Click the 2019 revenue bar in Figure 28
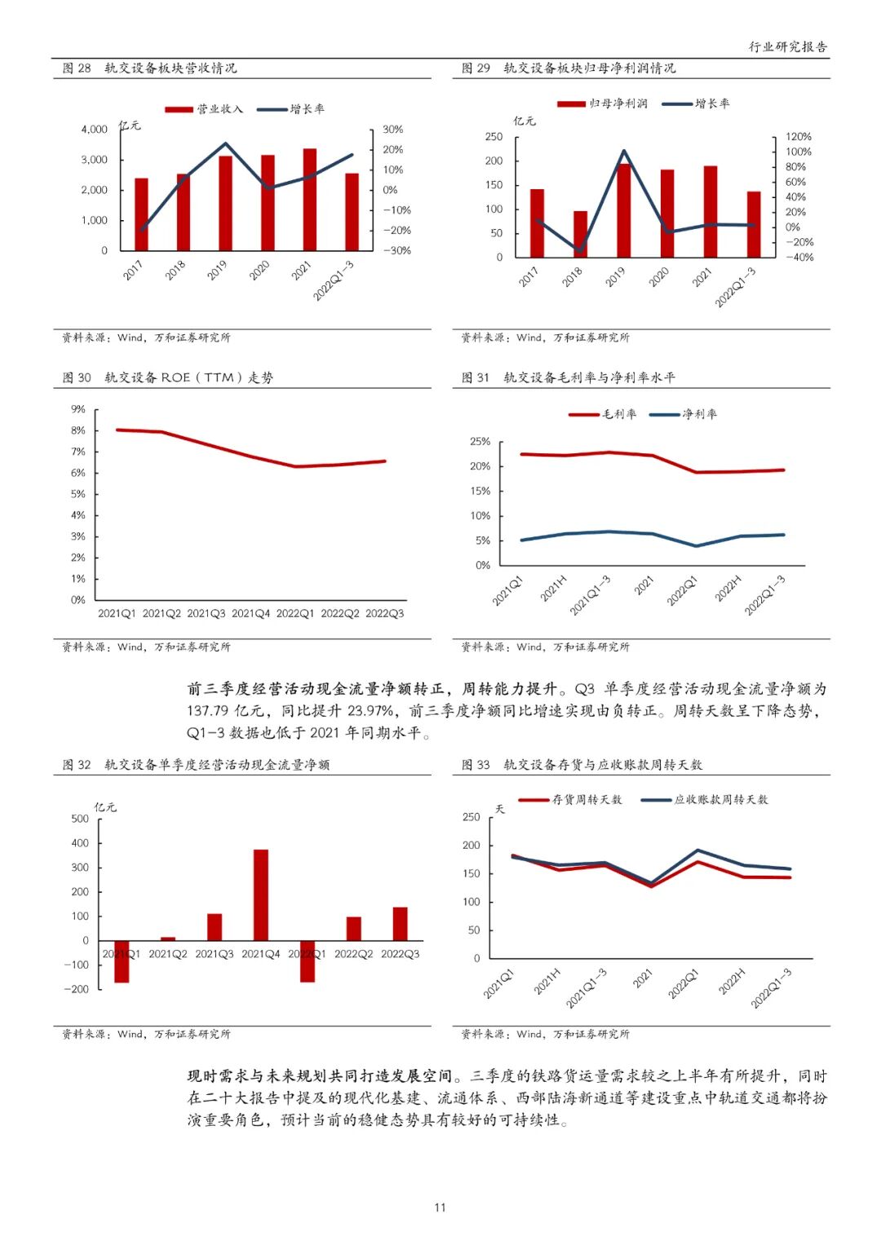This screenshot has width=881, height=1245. pyautogui.click(x=225, y=203)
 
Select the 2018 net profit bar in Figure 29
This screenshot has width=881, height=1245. pyautogui.click(x=580, y=235)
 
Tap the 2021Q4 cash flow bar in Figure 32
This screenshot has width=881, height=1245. pyautogui.click(x=261, y=895)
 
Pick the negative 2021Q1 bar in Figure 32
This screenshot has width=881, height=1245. pyautogui.click(x=122, y=961)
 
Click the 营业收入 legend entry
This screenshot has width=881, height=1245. pyautogui.click(x=204, y=109)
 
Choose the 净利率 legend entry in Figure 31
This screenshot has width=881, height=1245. pyautogui.click(x=684, y=414)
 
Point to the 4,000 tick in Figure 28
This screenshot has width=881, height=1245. pyautogui.click(x=95, y=130)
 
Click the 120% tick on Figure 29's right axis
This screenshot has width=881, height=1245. pyautogui.click(x=798, y=137)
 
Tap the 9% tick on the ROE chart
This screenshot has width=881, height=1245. pyautogui.click(x=78, y=409)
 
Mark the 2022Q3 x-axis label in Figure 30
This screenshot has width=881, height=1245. pyautogui.click(x=384, y=613)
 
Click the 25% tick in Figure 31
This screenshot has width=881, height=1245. pyautogui.click(x=480, y=442)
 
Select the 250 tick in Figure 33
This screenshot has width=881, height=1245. pyautogui.click(x=471, y=817)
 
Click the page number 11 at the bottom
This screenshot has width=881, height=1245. pyautogui.click(x=440, y=1207)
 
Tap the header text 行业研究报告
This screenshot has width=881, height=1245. pyautogui.click(x=787, y=46)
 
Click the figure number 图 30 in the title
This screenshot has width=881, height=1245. pyautogui.click(x=77, y=377)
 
